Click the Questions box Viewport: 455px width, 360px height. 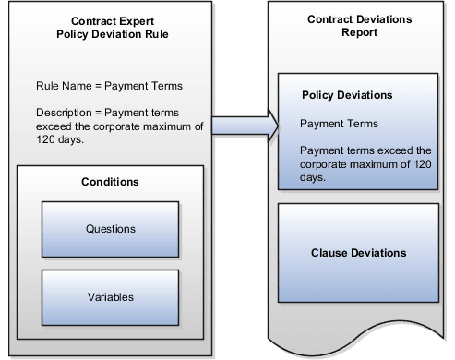click(x=111, y=228)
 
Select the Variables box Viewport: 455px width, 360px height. click(x=111, y=296)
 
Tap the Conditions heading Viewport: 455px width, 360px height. click(x=110, y=182)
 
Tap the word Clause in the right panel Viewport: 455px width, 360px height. click(x=330, y=252)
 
